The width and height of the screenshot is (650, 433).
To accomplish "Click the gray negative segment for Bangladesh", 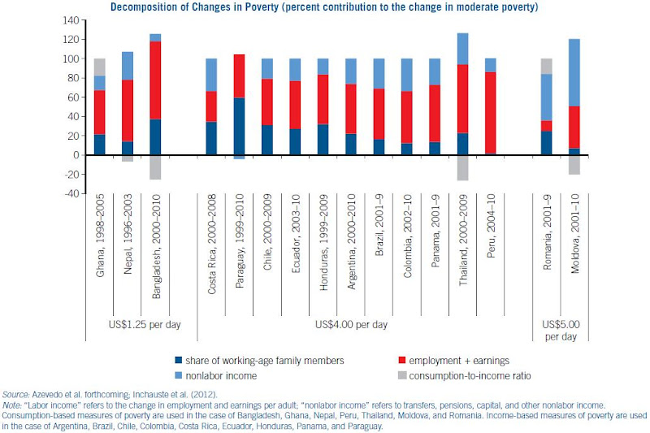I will point(155,167).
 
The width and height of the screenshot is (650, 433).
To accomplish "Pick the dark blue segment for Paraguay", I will point(239,126).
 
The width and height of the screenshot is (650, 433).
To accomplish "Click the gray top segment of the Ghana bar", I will point(100,67).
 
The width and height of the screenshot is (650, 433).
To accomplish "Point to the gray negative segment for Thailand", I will point(462,167).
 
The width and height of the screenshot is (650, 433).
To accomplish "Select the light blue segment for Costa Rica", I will point(211,75).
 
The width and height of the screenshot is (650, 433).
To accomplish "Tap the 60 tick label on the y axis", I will point(72,97).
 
